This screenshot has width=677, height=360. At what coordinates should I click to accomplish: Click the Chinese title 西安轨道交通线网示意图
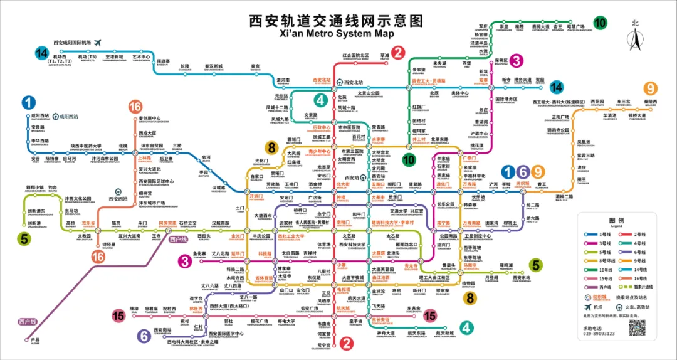click(337, 20)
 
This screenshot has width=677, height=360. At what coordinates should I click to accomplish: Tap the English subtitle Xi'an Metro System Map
click(337, 33)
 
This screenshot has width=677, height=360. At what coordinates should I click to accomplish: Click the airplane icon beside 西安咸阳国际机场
click(97, 42)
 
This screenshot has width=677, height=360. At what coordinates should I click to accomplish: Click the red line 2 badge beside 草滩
click(397, 52)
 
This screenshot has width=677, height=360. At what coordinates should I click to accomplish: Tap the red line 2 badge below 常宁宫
click(345, 343)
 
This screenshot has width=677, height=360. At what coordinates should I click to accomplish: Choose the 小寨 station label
click(342, 265)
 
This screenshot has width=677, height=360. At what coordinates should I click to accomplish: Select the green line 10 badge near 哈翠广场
click(600, 23)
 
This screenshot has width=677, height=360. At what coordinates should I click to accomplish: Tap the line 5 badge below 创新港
click(24, 238)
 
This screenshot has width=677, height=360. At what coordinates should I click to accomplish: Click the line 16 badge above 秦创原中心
click(135, 106)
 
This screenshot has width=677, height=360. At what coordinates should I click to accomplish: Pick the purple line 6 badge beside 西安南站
click(143, 336)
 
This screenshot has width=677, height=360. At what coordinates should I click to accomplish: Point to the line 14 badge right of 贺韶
click(556, 87)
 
